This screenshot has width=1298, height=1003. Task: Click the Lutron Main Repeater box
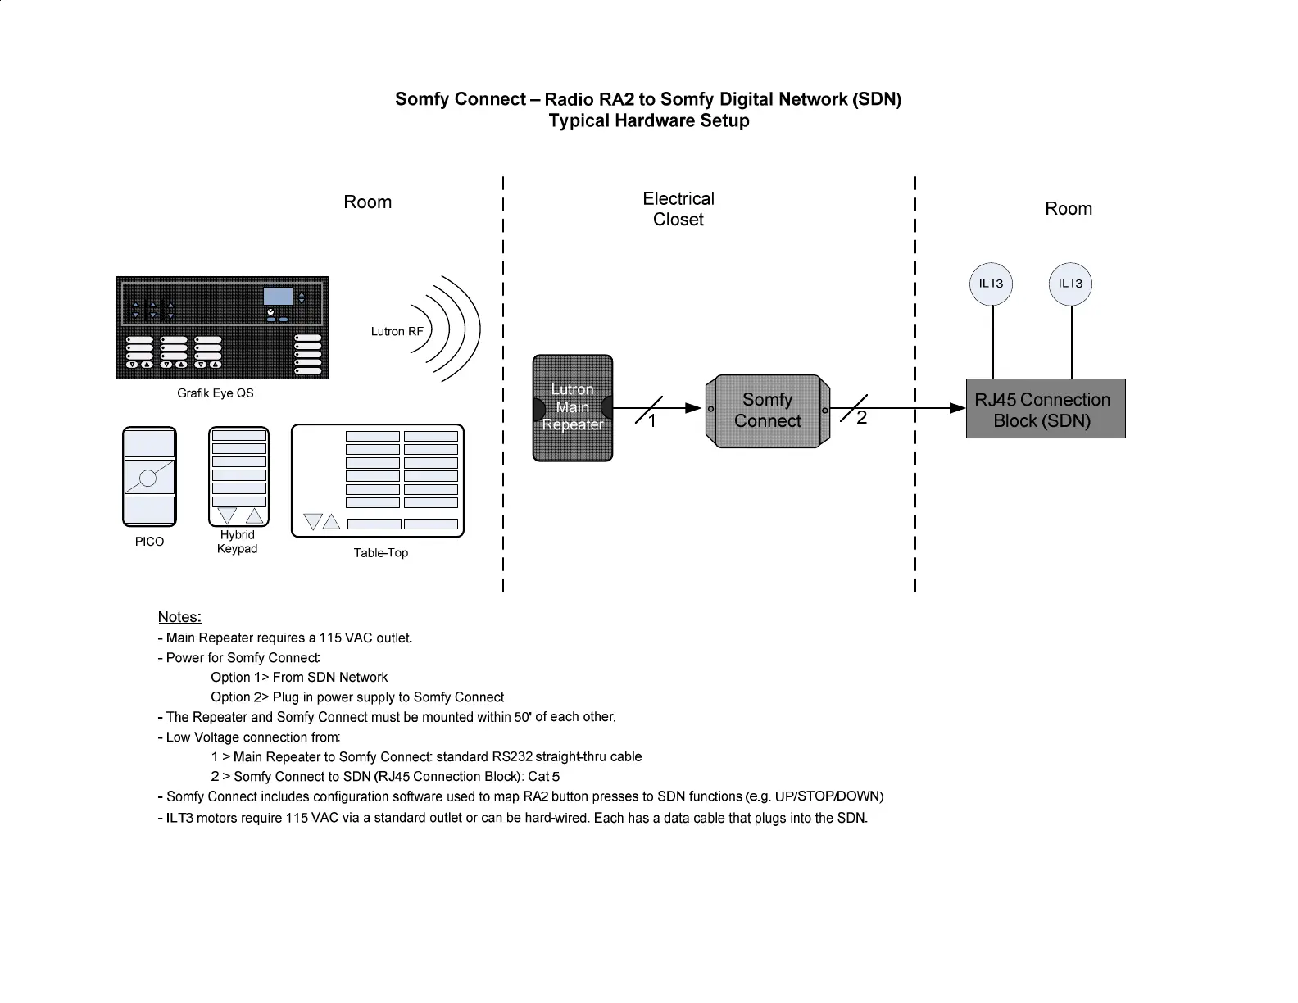pyautogui.click(x=573, y=407)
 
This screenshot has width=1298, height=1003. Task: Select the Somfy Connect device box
pyautogui.click(x=768, y=411)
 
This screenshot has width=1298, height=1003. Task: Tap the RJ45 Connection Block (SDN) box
pyautogui.click(x=1045, y=409)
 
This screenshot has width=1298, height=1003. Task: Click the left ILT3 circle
pyautogui.click(x=991, y=284)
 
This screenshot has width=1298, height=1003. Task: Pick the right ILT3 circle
pyautogui.click(x=1070, y=284)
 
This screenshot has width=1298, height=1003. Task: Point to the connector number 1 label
pyautogui.click(x=652, y=422)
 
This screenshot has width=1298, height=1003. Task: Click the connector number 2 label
pyautogui.click(x=861, y=418)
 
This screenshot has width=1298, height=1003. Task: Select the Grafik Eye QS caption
pyautogui.click(x=216, y=393)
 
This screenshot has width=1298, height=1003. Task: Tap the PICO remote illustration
pyautogui.click(x=149, y=476)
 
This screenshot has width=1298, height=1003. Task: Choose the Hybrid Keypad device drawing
pyautogui.click(x=238, y=476)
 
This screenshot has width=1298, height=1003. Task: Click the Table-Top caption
pyautogui.click(x=381, y=553)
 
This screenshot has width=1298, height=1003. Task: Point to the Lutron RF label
pyautogui.click(x=397, y=332)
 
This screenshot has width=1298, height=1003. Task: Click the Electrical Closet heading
pyautogui.click(x=678, y=209)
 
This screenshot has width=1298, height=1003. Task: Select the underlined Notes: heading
pyautogui.click(x=179, y=617)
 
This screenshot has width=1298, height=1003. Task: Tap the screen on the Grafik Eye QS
pyautogui.click(x=278, y=296)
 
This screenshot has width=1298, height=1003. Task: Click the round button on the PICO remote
pyautogui.click(x=148, y=478)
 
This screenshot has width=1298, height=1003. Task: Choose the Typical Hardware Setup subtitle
pyautogui.click(x=648, y=121)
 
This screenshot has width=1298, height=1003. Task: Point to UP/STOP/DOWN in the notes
pyautogui.click(x=828, y=796)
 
